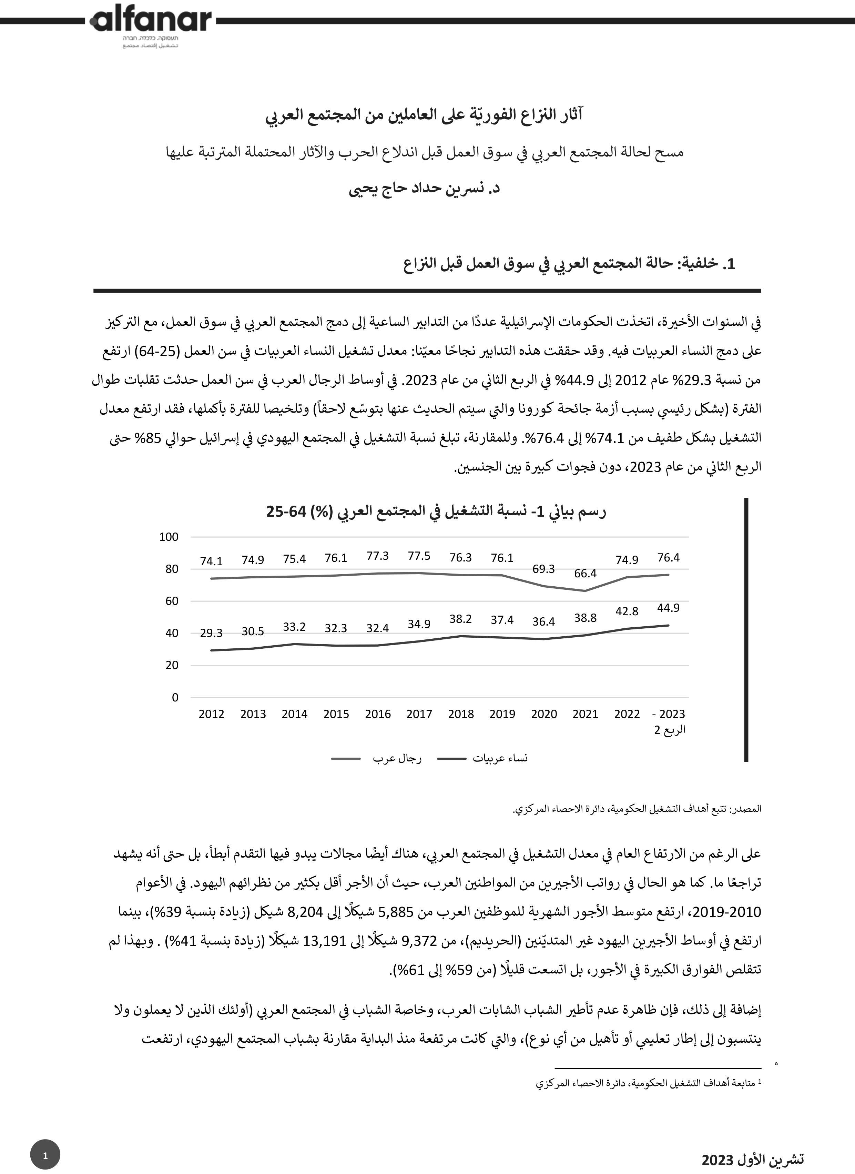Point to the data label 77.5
click(419, 556)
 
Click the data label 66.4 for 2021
click(586, 574)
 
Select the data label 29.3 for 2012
click(211, 633)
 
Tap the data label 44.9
click(668, 608)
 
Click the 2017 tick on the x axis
click(419, 714)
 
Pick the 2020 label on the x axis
click(543, 714)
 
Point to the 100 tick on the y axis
click(169, 537)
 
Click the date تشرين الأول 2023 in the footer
click(753, 1160)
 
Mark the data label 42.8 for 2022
click(627, 611)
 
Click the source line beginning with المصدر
click(637, 809)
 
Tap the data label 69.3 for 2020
click(543, 569)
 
